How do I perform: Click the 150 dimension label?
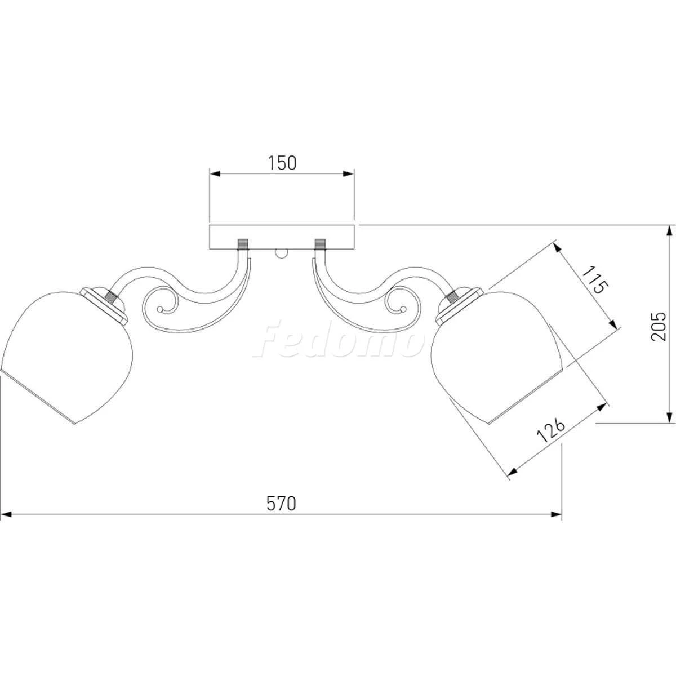[282, 163]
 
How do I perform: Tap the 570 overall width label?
[281, 504]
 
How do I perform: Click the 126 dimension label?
[552, 429]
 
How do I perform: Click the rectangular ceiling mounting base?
[282, 237]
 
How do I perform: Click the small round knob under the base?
[282, 253]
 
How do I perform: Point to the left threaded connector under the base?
[243, 244]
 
